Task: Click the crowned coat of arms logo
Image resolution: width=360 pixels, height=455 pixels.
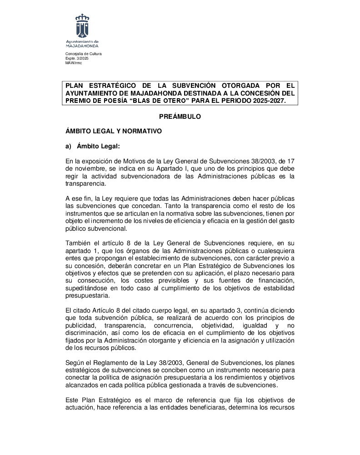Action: pyautogui.click(x=82, y=26)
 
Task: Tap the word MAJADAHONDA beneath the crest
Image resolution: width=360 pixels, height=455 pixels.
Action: pyautogui.click(x=82, y=46)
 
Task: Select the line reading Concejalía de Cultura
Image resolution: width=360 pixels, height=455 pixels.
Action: pyautogui.click(x=84, y=54)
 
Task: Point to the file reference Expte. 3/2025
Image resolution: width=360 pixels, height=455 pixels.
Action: pyautogui.click(x=77, y=59)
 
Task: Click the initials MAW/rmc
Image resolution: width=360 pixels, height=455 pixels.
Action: pyautogui.click(x=74, y=63)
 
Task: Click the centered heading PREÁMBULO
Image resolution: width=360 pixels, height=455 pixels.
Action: pyautogui.click(x=180, y=117)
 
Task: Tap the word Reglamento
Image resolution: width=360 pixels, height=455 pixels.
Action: pyautogui.click(x=109, y=363)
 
